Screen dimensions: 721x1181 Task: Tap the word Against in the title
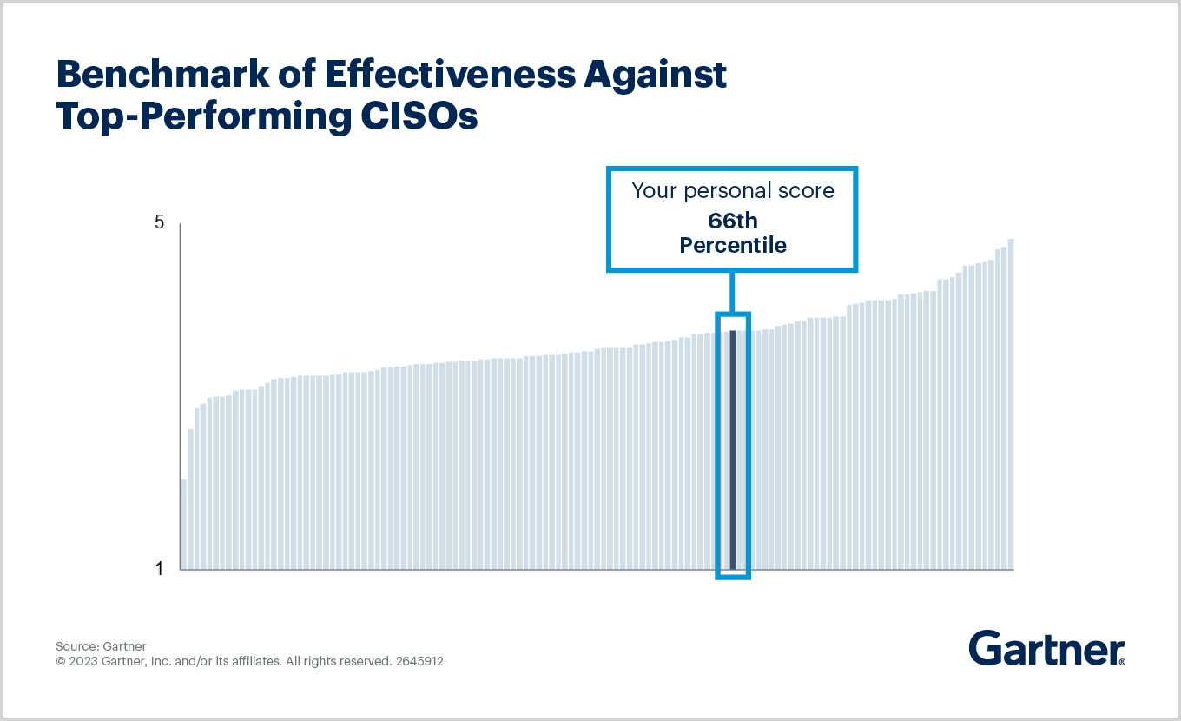click(655, 76)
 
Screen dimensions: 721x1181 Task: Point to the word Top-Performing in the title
click(198, 116)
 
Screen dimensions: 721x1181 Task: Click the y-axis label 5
click(159, 222)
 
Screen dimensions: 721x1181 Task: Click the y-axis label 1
click(159, 569)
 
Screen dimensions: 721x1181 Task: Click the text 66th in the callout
click(733, 221)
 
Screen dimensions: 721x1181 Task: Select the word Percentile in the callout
click(733, 246)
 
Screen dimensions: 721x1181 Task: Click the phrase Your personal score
click(733, 191)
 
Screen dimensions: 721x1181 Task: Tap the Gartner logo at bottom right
click(1044, 648)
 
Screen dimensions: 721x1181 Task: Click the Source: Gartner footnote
click(101, 646)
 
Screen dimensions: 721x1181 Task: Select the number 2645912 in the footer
click(419, 661)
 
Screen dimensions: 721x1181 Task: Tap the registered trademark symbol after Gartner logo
click(1122, 662)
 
